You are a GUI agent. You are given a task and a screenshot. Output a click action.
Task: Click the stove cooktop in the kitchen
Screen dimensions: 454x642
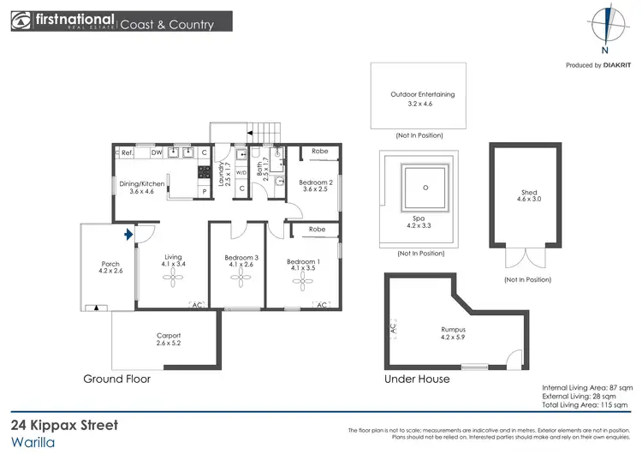[205, 172]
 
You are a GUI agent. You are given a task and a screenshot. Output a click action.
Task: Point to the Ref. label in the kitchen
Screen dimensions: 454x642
[126, 152]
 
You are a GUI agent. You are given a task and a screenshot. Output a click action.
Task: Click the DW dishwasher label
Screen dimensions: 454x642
[157, 152]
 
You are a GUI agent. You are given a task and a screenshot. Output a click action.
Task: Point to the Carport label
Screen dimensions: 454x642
[169, 340]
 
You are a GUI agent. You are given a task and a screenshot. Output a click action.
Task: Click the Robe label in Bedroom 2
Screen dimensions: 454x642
[319, 151]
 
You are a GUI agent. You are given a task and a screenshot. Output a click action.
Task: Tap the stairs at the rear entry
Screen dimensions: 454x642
[265, 133]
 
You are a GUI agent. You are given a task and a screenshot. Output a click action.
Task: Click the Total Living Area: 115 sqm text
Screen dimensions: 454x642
[587, 406]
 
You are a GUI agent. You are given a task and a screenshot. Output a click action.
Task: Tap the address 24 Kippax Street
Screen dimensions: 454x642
[64, 425]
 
